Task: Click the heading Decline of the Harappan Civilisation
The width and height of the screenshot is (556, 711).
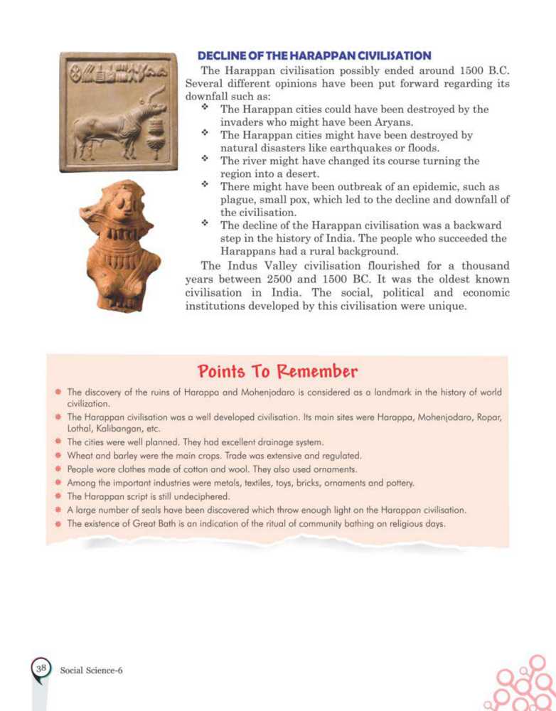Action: tap(314, 55)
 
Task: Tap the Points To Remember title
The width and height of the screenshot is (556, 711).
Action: tap(277, 371)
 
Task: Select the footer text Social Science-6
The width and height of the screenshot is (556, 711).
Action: tap(92, 669)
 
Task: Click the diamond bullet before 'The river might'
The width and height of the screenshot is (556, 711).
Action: tap(205, 160)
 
